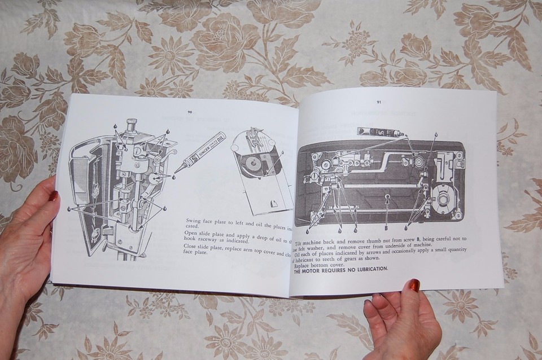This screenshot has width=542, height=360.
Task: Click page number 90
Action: (x=190, y=112)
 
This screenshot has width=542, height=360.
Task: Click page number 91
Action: (x=379, y=102)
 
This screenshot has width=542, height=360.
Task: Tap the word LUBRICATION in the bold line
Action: (x=369, y=269)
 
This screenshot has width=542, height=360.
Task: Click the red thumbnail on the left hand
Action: (x=53, y=195)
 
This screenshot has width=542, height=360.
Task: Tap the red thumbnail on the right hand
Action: (x=415, y=285)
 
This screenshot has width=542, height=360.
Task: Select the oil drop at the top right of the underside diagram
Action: (x=435, y=135)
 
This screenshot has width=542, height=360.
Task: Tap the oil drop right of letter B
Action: (x=407, y=229)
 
